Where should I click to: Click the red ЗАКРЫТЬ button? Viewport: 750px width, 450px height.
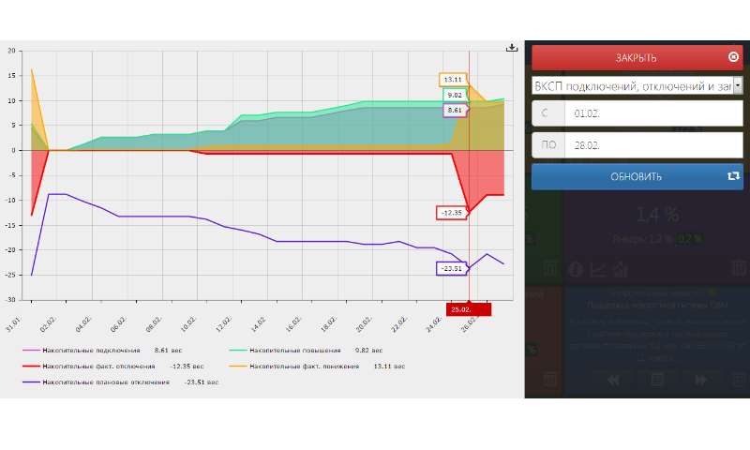(x=637, y=57)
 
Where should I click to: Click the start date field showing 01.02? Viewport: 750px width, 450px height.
(x=653, y=113)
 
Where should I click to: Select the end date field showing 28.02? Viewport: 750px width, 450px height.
(x=653, y=145)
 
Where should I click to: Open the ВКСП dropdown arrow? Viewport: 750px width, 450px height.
(x=738, y=85)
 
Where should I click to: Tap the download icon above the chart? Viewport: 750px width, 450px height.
(x=512, y=48)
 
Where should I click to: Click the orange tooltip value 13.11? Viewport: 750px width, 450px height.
(x=453, y=80)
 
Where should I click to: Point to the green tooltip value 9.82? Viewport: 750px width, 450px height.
(x=455, y=95)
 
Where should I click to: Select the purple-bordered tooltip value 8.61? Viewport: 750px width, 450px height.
(x=455, y=110)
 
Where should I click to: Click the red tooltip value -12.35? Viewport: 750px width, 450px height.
(x=452, y=213)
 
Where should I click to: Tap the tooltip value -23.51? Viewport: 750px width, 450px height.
(x=452, y=268)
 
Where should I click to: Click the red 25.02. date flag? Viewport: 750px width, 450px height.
(x=467, y=308)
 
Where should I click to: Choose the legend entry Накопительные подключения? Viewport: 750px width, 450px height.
(x=91, y=349)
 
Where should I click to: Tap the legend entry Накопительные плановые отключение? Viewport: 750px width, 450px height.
(x=106, y=382)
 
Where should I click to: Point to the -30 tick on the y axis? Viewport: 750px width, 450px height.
(x=11, y=300)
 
